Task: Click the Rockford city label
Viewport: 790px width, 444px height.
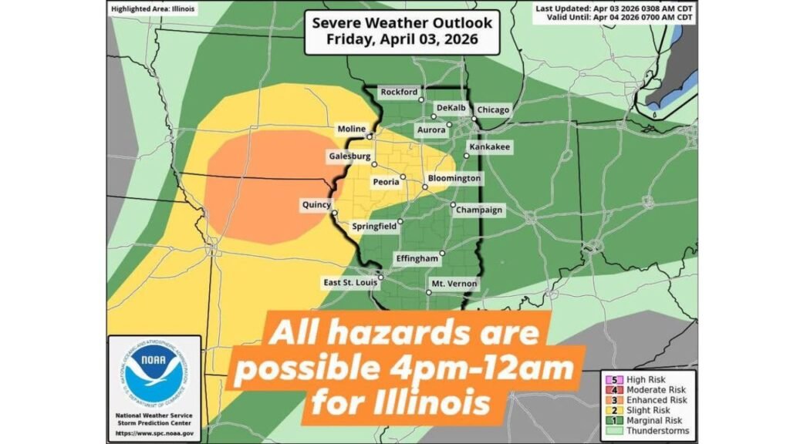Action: point(399,92)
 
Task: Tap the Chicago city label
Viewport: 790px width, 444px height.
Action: point(493,110)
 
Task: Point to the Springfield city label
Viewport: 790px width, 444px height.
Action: point(374,227)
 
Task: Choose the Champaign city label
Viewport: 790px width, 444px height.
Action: point(479,210)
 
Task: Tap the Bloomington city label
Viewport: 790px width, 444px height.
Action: point(454,179)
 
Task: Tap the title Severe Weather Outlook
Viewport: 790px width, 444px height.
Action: point(397,23)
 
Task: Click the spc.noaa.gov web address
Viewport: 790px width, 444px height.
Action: point(154,434)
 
